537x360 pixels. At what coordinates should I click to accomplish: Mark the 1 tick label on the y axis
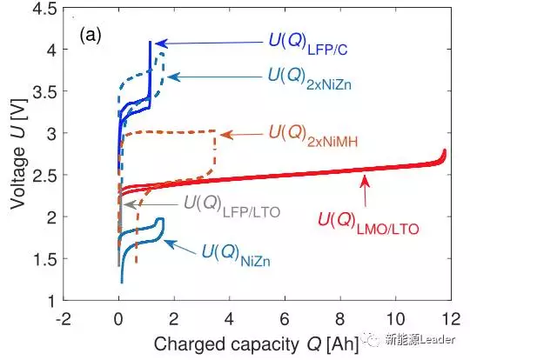point(49,301)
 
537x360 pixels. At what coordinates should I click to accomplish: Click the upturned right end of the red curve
point(445,157)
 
